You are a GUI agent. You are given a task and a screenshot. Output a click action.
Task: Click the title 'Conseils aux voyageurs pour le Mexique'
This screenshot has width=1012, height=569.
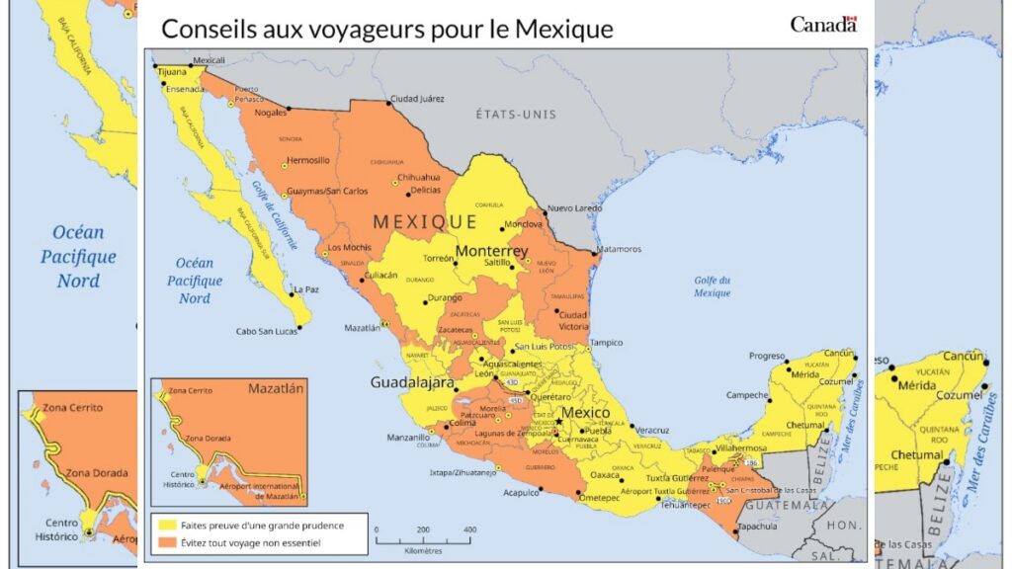(x=386, y=29)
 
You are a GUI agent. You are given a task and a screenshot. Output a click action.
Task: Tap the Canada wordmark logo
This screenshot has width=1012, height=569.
(x=822, y=25)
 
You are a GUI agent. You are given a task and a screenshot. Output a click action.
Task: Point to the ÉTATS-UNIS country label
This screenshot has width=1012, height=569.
(x=516, y=114)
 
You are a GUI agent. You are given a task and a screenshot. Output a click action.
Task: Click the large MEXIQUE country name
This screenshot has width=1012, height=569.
(x=425, y=221)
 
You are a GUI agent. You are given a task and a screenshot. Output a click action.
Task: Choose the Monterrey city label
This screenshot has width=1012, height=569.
(x=491, y=252)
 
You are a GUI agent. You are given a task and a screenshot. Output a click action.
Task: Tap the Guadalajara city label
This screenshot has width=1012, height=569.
(x=412, y=382)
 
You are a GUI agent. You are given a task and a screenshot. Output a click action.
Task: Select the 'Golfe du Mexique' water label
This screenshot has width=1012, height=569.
(x=712, y=286)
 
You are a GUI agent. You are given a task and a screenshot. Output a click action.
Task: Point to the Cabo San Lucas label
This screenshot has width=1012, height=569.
(x=267, y=331)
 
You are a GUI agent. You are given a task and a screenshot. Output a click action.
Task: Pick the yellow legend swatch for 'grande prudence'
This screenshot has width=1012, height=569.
(x=159, y=526)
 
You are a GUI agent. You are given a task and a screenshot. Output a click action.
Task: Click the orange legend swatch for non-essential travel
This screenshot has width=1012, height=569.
(x=159, y=542)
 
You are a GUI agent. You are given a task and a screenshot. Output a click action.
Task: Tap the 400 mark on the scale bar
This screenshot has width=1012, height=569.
(x=469, y=529)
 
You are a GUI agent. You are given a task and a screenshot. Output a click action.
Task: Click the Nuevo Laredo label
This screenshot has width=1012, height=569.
(x=574, y=208)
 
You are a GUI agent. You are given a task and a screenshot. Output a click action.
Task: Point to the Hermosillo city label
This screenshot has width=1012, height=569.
(x=307, y=160)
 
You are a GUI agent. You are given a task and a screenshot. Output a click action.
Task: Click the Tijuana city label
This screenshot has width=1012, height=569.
(x=172, y=72)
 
